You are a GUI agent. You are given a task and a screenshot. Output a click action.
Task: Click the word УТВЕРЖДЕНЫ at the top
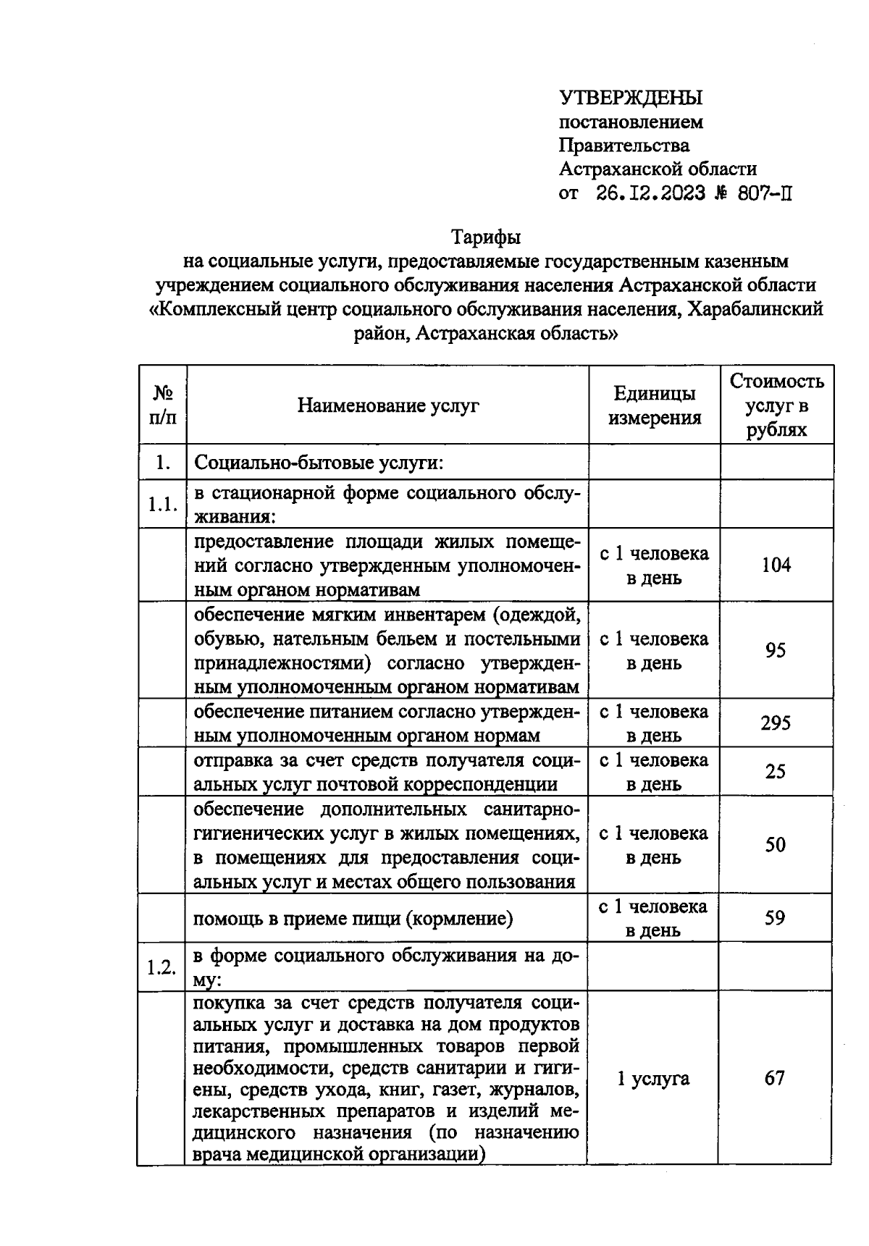pyautogui.click(x=630, y=98)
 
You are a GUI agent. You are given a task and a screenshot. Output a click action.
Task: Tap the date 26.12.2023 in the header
pyautogui.click(x=650, y=193)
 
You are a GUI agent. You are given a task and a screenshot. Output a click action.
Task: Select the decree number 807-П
pyautogui.click(x=760, y=193)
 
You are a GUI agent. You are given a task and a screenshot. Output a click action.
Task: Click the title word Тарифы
pyautogui.click(x=486, y=237)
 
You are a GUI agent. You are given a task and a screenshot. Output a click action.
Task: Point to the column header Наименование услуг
pyautogui.click(x=388, y=405)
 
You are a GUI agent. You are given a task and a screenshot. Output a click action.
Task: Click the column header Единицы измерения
pyautogui.click(x=655, y=405)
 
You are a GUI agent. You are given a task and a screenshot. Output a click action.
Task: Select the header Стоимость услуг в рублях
pyautogui.click(x=776, y=405)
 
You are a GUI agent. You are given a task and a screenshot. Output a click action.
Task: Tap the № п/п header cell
pyautogui.click(x=163, y=405)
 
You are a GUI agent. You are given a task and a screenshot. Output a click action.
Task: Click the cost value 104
pyautogui.click(x=776, y=565)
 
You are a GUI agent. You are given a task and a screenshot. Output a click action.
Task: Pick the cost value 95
pyautogui.click(x=776, y=650)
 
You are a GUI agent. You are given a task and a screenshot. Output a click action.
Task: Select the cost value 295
pyautogui.click(x=776, y=723)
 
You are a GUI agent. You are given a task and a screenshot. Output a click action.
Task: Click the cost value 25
pyautogui.click(x=776, y=772)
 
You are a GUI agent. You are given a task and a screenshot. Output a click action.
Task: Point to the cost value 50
pyautogui.click(x=776, y=845)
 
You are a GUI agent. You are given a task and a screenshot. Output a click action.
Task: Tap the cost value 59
pyautogui.click(x=776, y=918)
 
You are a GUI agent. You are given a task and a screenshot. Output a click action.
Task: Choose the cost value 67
pyautogui.click(x=775, y=1078)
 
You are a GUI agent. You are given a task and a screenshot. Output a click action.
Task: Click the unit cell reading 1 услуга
pyautogui.click(x=653, y=1078)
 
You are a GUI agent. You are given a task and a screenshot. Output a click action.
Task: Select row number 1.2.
pyautogui.click(x=162, y=967)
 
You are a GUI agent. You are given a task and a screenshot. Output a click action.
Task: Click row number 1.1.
pyautogui.click(x=163, y=505)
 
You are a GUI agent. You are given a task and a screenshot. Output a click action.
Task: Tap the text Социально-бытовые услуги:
pyautogui.click(x=319, y=462)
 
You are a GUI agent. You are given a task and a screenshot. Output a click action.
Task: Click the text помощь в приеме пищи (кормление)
pyautogui.click(x=353, y=919)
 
